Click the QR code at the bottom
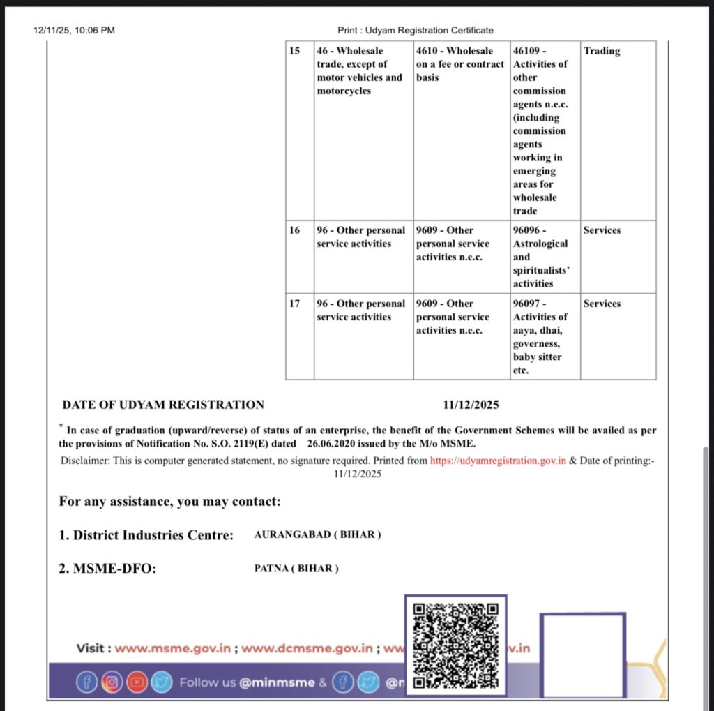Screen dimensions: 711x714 (x=456, y=645)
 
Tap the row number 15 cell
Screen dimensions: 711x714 (x=295, y=51)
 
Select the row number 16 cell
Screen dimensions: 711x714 (x=295, y=230)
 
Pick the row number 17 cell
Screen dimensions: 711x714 (x=295, y=304)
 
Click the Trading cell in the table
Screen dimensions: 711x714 (x=602, y=51)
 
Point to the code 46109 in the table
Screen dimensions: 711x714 (x=530, y=51)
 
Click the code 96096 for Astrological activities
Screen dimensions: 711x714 (x=530, y=230)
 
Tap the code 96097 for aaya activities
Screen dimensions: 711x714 (x=530, y=304)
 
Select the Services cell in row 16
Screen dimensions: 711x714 (x=602, y=230)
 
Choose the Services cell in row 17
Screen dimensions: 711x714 (x=602, y=304)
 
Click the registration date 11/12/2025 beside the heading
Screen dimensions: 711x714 (x=471, y=405)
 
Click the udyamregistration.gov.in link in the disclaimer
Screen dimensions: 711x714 (x=498, y=461)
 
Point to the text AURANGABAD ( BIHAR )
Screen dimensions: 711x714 (x=318, y=535)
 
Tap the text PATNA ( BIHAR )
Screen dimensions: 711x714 (x=296, y=569)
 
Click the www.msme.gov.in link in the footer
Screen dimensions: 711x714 (x=172, y=648)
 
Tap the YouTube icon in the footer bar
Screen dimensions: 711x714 (x=137, y=682)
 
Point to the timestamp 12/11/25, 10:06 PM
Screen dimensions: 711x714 (x=74, y=30)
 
